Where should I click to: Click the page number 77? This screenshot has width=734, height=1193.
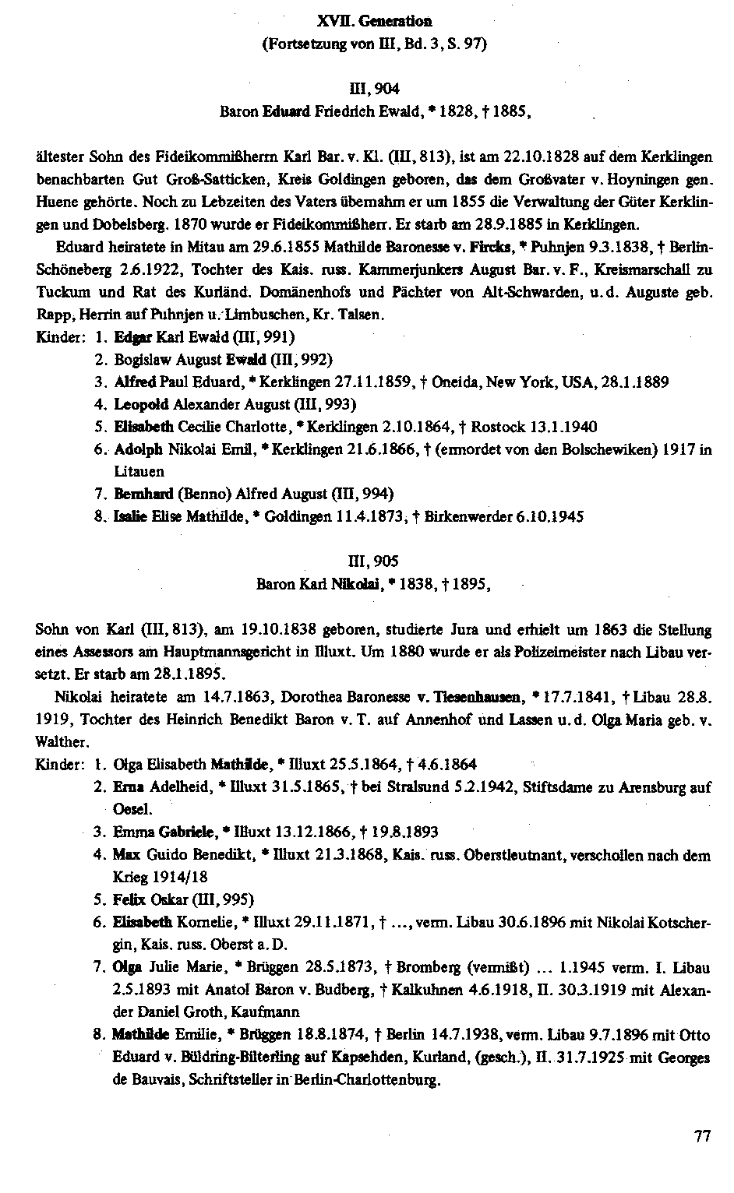point(702,1136)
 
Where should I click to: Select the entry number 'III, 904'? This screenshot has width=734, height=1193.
point(374,90)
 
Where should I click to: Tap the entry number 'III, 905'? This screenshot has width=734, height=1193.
point(374,561)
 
